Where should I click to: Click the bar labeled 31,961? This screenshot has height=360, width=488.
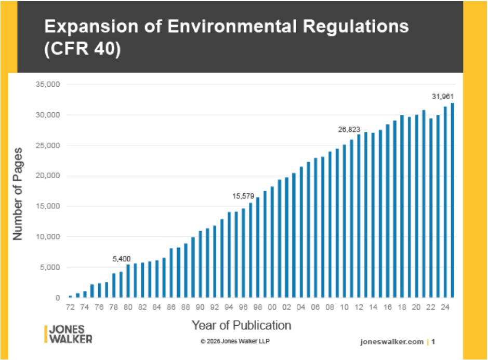click(453, 201)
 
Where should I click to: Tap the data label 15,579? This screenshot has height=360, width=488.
click(243, 196)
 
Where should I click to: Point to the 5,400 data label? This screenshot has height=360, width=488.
click(122, 258)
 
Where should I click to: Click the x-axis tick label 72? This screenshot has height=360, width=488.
click(70, 307)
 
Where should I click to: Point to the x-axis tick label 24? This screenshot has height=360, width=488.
click(445, 307)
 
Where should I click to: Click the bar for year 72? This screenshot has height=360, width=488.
click(70, 297)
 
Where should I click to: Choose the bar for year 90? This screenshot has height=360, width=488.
click(200, 264)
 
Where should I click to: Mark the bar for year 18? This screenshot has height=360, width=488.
click(402, 207)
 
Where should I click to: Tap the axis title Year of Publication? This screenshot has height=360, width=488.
click(242, 326)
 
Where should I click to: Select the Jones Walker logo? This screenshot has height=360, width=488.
click(69, 334)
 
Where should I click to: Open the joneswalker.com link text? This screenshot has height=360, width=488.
click(391, 342)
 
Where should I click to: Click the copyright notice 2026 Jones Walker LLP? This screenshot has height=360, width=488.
click(235, 341)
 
